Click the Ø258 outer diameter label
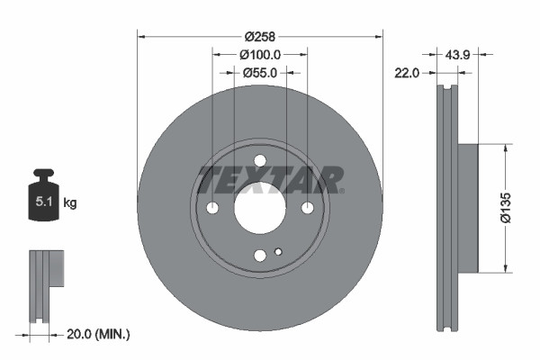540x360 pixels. pos(260,36)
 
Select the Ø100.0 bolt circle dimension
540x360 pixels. pos(260,54)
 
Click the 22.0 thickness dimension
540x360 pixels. pos(408,73)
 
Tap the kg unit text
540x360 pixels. pos(69,203)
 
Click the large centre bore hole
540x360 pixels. pos(260,208)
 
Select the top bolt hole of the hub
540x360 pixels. pos(260,161)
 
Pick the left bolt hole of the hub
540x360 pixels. pos(213,208)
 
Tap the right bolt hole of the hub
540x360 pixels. pos(307,208)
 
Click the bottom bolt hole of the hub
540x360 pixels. pos(260,255)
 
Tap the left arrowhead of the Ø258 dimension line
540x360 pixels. pos(141,36)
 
